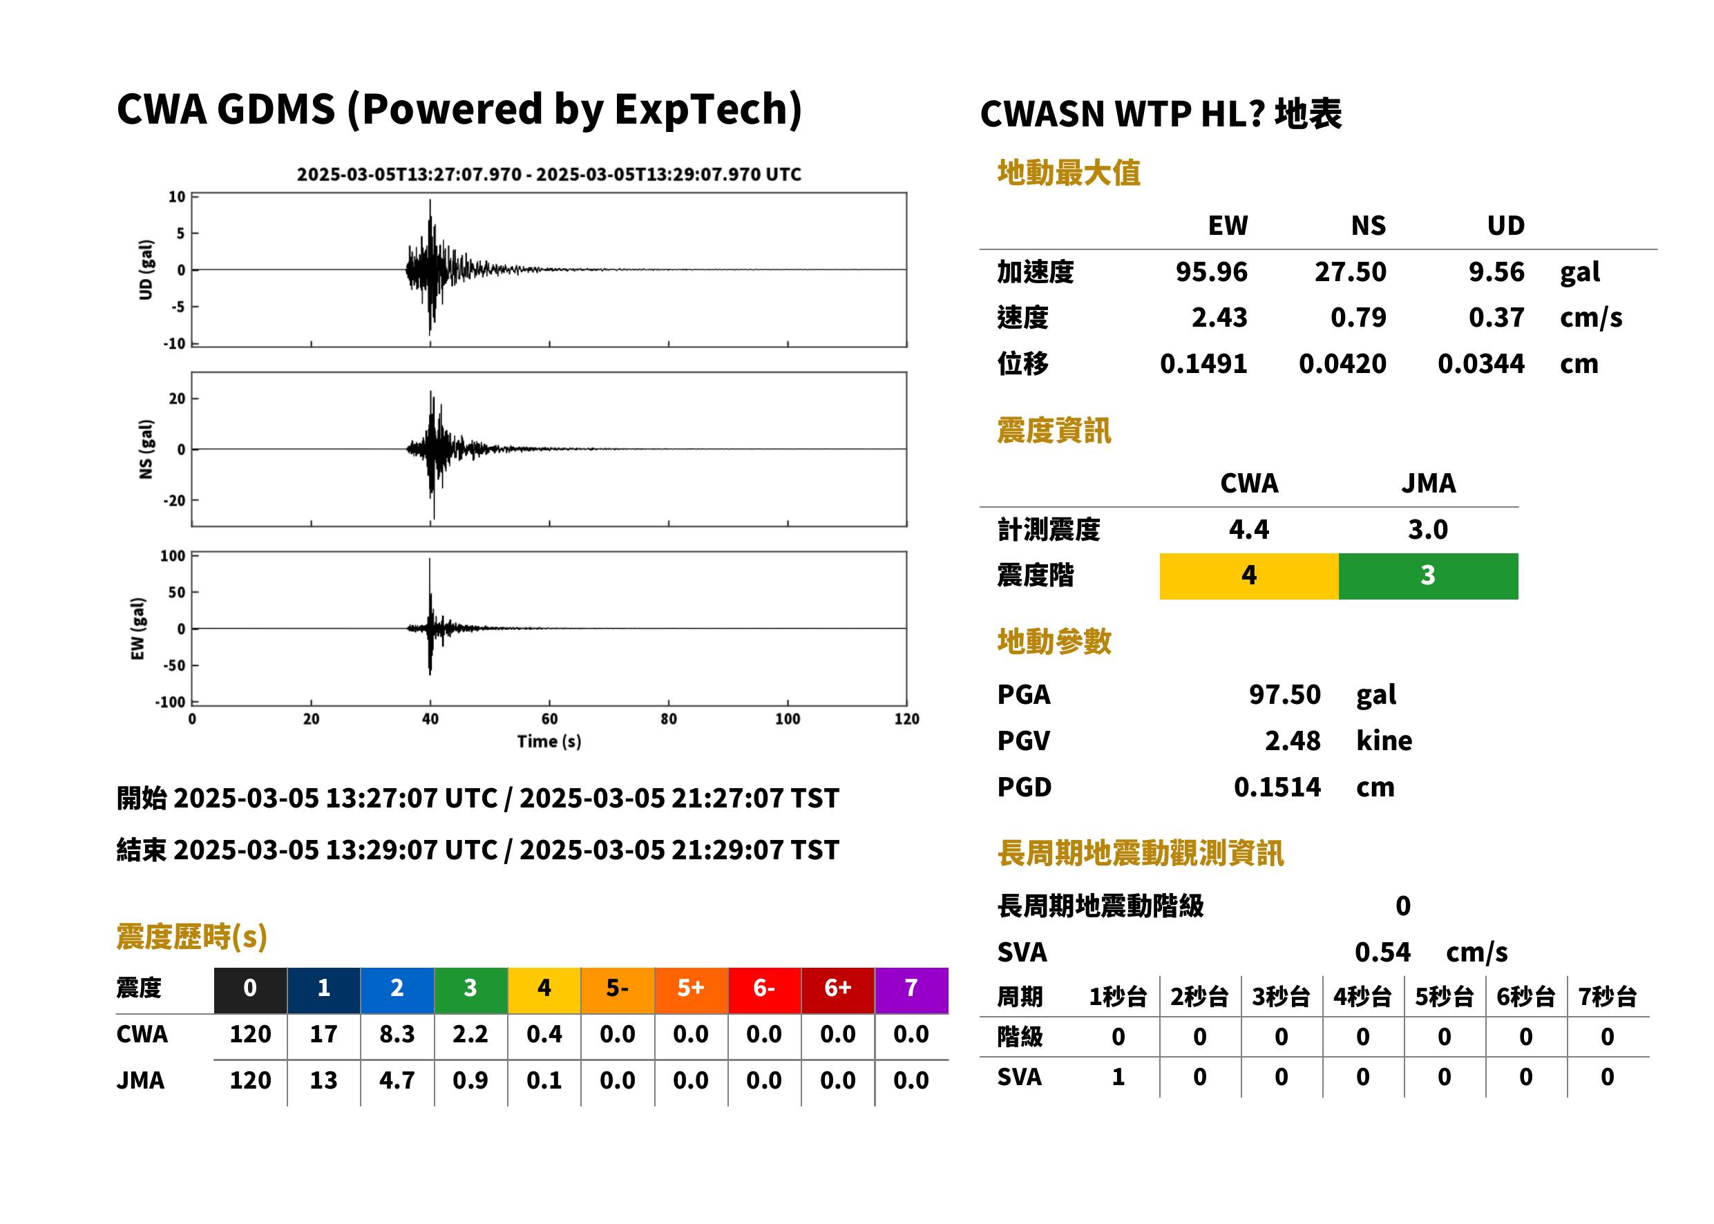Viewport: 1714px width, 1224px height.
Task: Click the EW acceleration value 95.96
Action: point(1210,272)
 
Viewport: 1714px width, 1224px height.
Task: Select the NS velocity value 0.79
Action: point(1358,318)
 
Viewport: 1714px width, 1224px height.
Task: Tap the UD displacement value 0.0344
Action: point(1480,364)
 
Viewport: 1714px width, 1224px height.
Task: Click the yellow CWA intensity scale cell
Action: point(1248,576)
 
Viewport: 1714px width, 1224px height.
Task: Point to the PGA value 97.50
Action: point(1284,694)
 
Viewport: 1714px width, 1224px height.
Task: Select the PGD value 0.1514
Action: point(1277,787)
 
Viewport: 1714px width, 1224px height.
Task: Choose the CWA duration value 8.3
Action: point(397,1034)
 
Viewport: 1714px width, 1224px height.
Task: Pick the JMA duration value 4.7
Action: point(397,1080)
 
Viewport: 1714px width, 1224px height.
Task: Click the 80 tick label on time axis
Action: point(669,719)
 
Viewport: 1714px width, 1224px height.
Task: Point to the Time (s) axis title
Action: point(549,742)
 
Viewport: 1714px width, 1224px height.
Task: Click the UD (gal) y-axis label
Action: point(146,270)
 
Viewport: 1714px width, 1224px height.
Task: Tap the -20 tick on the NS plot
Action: point(175,501)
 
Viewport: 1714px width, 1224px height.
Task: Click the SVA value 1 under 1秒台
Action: point(1118,1077)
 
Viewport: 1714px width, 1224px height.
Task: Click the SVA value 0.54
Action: point(1382,953)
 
